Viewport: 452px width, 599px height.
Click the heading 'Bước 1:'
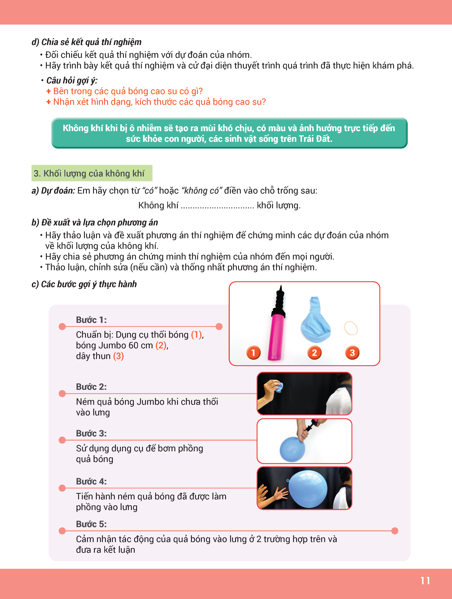[x=91, y=320]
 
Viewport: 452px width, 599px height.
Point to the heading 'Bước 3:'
[x=91, y=433]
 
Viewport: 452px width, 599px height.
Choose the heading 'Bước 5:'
[x=91, y=524]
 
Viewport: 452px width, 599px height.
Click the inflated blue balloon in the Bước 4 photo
[x=308, y=489]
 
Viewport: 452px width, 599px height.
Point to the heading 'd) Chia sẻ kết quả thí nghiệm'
[x=86, y=42]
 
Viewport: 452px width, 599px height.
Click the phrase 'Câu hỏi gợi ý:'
[x=72, y=80]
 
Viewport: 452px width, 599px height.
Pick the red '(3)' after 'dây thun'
[x=118, y=356]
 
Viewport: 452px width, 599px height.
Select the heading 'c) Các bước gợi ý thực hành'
[x=84, y=284]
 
